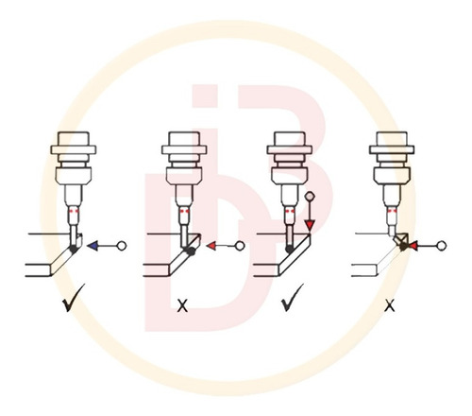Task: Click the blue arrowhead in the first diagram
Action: click(93, 246)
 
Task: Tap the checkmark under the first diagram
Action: click(73, 298)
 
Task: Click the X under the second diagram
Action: click(182, 305)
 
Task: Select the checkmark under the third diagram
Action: click(292, 298)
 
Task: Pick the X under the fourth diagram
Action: click(390, 305)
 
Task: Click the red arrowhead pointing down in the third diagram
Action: click(310, 226)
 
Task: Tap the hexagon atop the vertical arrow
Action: click(310, 197)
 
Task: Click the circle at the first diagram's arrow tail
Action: click(122, 246)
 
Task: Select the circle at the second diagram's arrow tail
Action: click(240, 246)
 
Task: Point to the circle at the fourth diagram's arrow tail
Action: click(442, 246)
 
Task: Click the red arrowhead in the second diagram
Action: click(211, 246)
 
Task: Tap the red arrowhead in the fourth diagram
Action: click(413, 246)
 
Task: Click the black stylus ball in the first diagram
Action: click(74, 250)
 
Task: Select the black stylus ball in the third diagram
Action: click(289, 250)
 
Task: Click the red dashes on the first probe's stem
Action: click(75, 211)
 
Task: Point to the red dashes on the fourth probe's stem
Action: click(392, 211)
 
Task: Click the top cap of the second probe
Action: click(184, 139)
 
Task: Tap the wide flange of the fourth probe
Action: click(392, 149)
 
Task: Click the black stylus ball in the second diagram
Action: click(190, 251)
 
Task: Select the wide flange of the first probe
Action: click(74, 149)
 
